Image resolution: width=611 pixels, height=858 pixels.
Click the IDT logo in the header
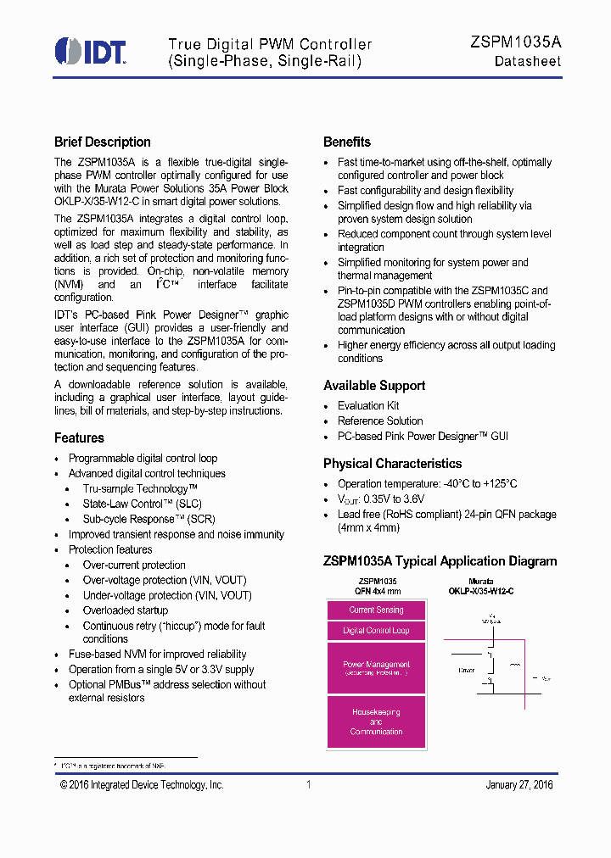(90, 51)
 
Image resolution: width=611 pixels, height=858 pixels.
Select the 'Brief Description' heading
(103, 142)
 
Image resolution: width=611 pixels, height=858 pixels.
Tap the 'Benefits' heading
(347, 142)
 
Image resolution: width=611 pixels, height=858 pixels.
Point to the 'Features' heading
(79, 438)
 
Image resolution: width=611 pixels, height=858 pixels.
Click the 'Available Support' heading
(374, 386)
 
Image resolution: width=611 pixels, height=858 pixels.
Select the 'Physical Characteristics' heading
(392, 464)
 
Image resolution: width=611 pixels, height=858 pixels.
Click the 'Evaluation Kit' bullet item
(368, 406)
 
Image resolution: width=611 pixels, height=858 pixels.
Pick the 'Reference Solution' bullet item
(380, 421)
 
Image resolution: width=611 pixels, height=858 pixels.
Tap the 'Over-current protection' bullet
(134, 565)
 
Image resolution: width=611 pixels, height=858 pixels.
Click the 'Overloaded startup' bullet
(126, 611)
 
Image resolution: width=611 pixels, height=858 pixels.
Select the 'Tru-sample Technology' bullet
(140, 489)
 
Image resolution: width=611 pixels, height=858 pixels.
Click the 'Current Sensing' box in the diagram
(376, 610)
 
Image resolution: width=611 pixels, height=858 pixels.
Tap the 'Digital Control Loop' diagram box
(376, 631)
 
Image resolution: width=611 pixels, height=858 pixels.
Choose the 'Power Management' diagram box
(376, 668)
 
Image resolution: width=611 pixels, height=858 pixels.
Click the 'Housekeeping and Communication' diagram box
(376, 721)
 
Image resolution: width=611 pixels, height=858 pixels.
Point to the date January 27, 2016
(519, 785)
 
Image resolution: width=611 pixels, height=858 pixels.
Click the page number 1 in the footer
(308, 785)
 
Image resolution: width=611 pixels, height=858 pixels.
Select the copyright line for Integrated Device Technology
(142, 785)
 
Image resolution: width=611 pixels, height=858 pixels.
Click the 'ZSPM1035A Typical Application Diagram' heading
(440, 561)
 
